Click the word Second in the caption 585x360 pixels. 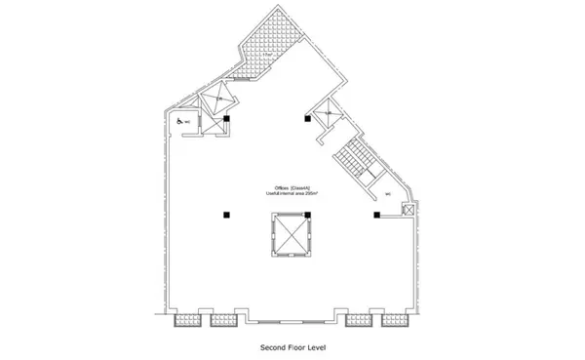coord(270,347)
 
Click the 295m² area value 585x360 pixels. coord(313,194)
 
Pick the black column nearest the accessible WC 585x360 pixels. coord(226,119)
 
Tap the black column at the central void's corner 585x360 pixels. coord(307,119)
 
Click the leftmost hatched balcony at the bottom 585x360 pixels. coord(184,319)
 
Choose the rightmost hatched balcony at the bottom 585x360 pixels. coord(396,319)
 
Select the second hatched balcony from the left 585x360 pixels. coord(223,319)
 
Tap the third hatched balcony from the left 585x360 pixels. coord(358,319)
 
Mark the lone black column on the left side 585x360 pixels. coord(226,214)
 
